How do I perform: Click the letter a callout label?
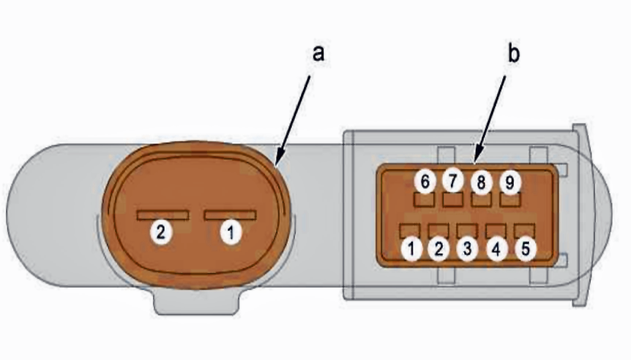318,54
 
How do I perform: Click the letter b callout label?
513,53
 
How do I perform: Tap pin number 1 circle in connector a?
231,233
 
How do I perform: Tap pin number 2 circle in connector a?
161,232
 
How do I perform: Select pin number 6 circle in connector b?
425,181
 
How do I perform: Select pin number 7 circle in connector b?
452,181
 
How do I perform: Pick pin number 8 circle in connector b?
481,182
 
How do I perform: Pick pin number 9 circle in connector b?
510,183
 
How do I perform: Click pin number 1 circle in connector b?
411,249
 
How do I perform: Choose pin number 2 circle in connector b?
438,249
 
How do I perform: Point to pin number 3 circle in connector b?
467,249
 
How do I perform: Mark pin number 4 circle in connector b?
496,250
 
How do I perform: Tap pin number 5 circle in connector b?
526,249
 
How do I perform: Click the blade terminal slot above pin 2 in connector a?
163,215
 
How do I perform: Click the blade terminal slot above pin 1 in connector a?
230,215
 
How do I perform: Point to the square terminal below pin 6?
424,200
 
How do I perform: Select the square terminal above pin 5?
524,231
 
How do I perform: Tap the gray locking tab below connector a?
196,301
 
